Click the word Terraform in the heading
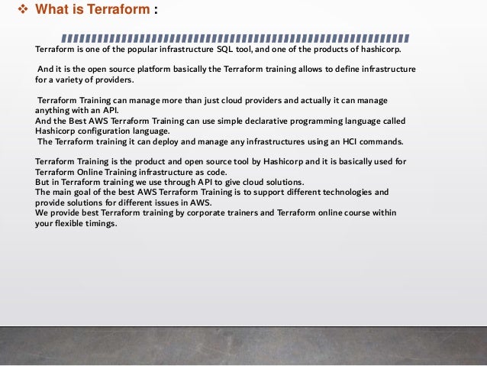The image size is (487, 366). [113, 12]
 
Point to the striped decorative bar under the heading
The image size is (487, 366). [234, 37]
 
